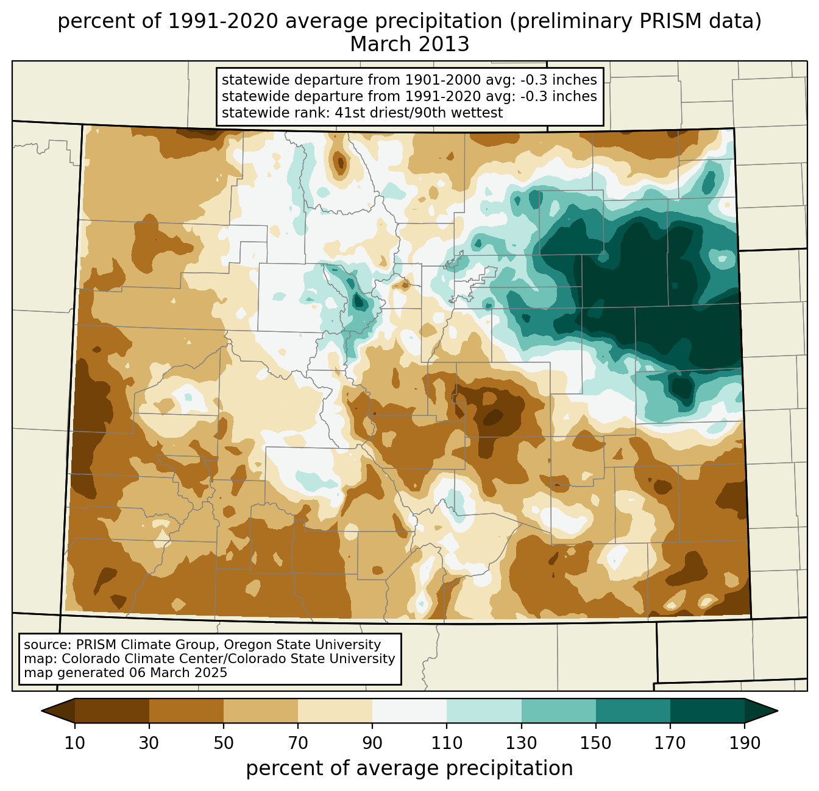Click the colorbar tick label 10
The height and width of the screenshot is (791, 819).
(x=75, y=744)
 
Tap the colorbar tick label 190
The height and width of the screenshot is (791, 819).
(x=745, y=744)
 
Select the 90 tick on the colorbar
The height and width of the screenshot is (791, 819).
(x=372, y=744)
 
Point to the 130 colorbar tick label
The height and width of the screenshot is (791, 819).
(x=522, y=744)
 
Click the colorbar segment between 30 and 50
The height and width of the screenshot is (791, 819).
(x=186, y=711)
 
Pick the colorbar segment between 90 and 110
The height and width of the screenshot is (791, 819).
(x=409, y=711)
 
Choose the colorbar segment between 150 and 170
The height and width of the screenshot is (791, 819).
(x=633, y=711)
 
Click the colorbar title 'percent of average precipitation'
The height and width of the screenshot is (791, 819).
(x=409, y=768)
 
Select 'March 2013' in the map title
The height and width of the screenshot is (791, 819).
(x=409, y=44)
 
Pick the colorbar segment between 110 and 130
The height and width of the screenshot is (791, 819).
(x=484, y=711)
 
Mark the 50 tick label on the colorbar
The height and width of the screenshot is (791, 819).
(x=224, y=744)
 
